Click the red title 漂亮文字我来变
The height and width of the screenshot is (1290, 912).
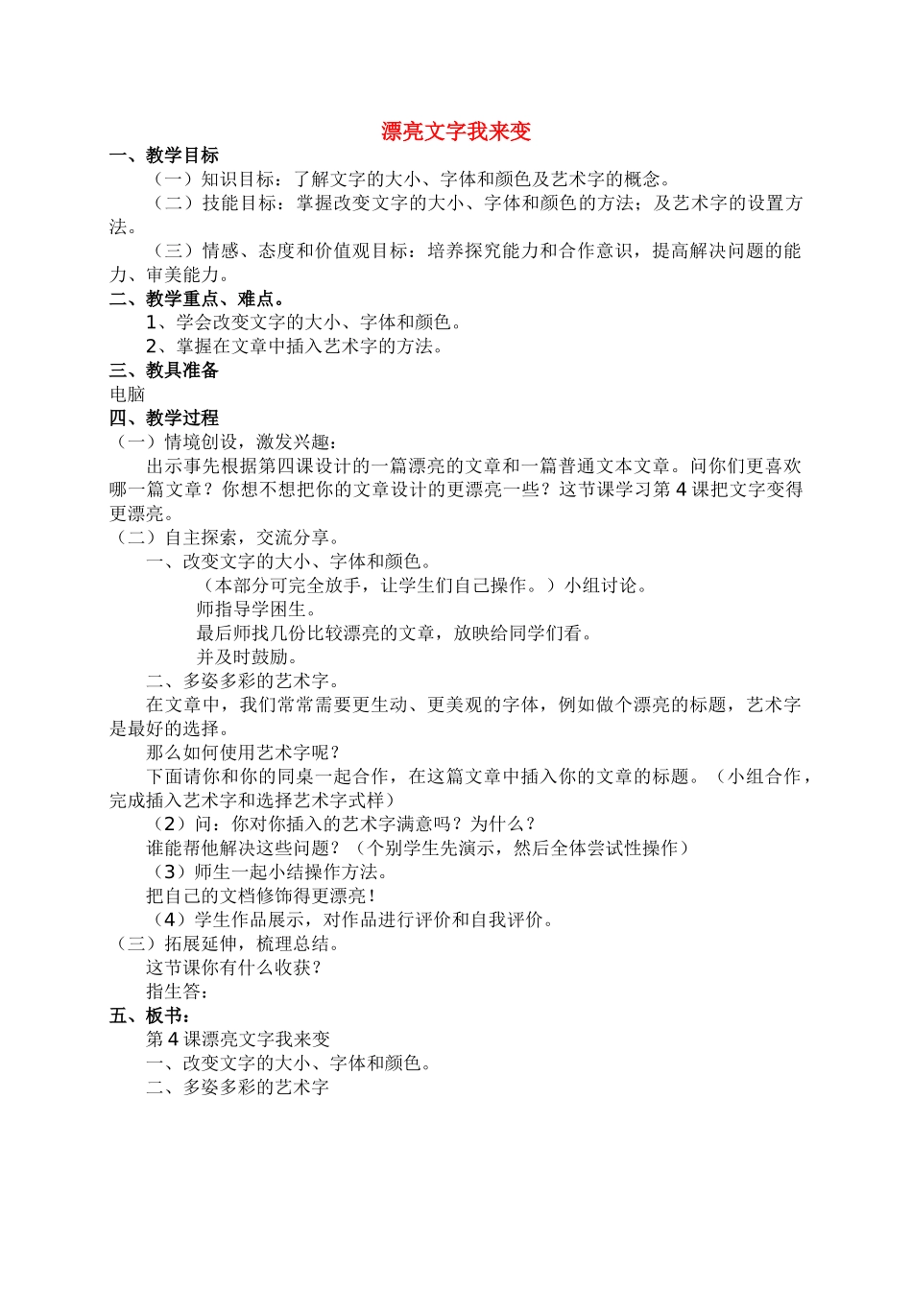tap(456, 131)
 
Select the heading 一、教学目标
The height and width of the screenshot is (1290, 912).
tap(164, 155)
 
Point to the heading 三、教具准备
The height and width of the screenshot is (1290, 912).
tap(164, 370)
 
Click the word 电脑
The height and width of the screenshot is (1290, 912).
tap(128, 394)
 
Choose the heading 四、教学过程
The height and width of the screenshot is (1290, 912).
tap(164, 418)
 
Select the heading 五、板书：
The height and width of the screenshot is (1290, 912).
tap(151, 1015)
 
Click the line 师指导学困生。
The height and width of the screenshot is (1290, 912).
tap(256, 609)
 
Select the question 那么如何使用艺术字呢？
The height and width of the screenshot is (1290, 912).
tap(243, 752)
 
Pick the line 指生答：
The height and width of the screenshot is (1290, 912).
tap(178, 991)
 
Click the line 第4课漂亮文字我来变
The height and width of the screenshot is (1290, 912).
tap(238, 1039)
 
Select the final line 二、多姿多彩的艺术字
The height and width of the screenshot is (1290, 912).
tap(238, 1087)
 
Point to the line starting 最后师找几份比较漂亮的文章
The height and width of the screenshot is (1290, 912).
tap(396, 633)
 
